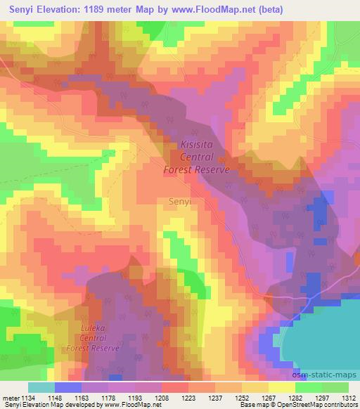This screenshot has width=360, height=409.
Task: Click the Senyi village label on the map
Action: [181, 201]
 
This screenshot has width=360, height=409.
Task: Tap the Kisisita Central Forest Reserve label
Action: [197, 156]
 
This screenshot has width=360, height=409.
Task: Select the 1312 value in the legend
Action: [349, 397]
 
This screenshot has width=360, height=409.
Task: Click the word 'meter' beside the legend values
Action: [10, 397]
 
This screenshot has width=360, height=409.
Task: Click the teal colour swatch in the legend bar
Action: [41, 387]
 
